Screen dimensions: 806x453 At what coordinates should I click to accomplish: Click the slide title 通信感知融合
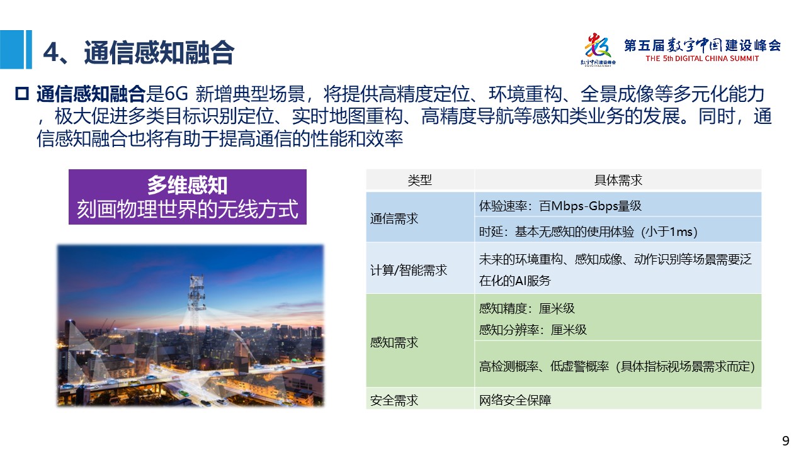click(159, 52)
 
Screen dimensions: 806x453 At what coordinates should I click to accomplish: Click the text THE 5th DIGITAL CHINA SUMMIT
click(702, 59)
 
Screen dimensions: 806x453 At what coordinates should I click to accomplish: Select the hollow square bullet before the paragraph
click(22, 94)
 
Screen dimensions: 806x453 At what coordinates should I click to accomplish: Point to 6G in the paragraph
click(176, 94)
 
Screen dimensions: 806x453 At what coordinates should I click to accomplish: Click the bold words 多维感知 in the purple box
click(187, 185)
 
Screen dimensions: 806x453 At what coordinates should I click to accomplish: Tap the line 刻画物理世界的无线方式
click(188, 209)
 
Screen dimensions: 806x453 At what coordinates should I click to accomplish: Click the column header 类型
click(419, 180)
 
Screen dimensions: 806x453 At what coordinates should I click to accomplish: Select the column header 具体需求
click(618, 180)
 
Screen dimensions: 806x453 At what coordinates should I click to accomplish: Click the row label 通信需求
click(394, 218)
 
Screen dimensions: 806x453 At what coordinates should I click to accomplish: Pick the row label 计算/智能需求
click(409, 270)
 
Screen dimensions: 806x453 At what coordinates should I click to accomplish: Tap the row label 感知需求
click(394, 342)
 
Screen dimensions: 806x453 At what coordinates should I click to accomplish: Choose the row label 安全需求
click(394, 400)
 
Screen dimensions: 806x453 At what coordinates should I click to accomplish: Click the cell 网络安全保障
click(515, 400)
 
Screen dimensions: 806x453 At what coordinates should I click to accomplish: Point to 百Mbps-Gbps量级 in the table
click(590, 206)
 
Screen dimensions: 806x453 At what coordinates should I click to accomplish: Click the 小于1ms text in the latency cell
click(669, 232)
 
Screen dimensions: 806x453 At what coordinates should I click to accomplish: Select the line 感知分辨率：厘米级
click(533, 330)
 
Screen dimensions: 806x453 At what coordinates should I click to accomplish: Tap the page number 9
click(785, 440)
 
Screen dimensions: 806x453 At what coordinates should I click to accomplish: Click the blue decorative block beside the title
click(16, 49)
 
